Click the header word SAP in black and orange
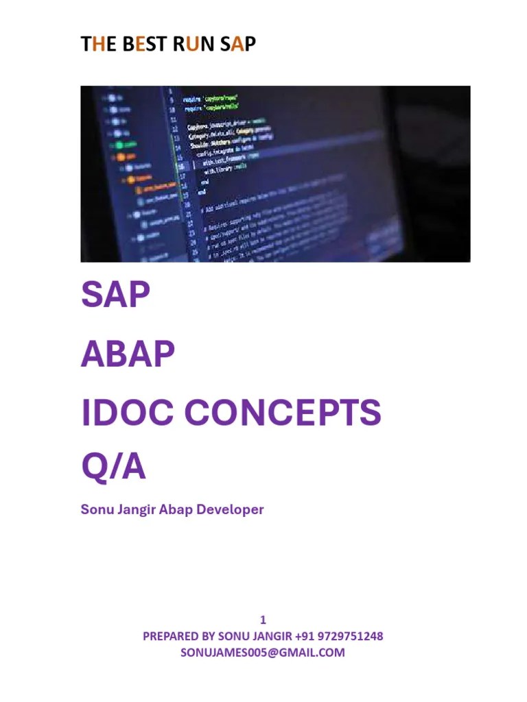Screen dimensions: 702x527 (x=238, y=45)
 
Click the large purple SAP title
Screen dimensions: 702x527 (x=115, y=296)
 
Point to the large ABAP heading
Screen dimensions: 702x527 (x=128, y=354)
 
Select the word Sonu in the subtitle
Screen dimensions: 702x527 (x=95, y=510)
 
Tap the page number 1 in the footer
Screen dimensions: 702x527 (x=263, y=620)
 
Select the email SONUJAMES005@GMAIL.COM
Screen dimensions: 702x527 (x=263, y=653)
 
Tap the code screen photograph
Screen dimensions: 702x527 (x=275, y=174)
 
